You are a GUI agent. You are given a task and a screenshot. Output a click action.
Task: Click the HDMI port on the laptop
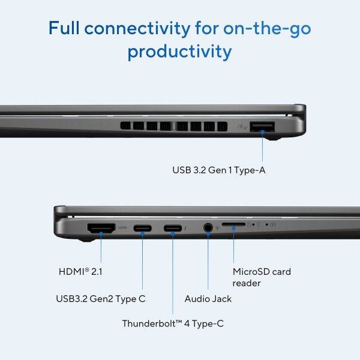(101, 228)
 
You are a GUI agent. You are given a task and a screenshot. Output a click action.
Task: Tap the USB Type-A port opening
(262, 127)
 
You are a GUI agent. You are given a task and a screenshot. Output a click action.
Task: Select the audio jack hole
(208, 228)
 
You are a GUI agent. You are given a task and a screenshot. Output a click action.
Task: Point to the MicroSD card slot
(233, 224)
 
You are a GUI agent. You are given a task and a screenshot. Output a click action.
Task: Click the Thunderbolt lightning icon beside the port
(185, 228)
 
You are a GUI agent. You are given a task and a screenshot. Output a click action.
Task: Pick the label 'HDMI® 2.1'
(80, 272)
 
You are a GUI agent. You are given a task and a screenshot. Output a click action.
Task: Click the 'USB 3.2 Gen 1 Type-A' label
(219, 170)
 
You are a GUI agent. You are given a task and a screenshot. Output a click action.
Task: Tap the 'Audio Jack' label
(208, 299)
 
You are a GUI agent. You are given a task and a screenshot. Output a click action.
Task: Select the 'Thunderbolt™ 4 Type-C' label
(173, 323)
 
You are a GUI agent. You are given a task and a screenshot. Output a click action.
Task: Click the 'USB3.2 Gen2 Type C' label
(101, 299)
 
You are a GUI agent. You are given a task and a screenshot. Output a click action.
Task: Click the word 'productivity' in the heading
(179, 52)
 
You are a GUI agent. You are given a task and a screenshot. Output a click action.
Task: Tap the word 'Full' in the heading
(64, 28)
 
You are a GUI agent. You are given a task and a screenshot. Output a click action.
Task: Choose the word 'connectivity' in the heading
(137, 28)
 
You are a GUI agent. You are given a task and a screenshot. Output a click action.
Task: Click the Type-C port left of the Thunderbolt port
(143, 228)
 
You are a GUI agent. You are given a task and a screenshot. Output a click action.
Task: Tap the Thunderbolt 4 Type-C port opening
(173, 228)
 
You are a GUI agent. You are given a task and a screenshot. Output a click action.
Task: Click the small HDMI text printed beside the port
(122, 228)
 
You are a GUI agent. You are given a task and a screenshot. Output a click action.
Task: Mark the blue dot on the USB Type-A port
(262, 131)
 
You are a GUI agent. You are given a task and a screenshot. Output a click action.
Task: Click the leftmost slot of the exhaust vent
(125, 126)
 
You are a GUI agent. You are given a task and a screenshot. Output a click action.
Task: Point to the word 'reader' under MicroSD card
(247, 283)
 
